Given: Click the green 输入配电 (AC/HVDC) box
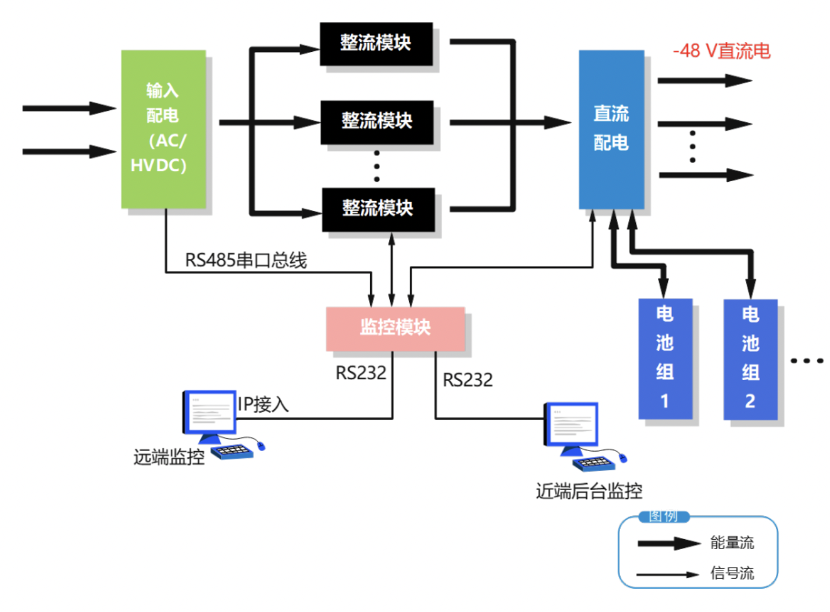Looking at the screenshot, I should pos(163,129).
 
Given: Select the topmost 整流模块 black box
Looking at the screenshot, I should pos(376,44).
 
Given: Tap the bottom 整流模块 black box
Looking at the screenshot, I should pos(378,209).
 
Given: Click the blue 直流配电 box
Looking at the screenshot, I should pos(611,129).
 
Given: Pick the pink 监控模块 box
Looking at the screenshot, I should pos(395,328).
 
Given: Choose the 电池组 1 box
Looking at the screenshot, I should pos(665,358).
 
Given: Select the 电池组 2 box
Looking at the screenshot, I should pos(750,359).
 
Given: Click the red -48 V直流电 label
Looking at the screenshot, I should pos(722,51).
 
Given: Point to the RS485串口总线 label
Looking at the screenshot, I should pos(245,260).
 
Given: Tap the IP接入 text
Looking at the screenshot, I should pos(263,404).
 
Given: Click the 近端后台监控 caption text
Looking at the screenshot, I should pos(589,491).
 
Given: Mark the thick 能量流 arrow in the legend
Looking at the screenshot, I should pos(669,544).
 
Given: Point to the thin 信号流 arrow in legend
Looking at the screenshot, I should pos(667,575).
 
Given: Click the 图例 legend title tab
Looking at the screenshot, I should pos(663,516).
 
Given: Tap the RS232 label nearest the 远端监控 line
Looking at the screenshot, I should pos(361,373).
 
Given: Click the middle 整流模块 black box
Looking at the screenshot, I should pos(377,122).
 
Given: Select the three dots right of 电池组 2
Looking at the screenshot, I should pos(807,361).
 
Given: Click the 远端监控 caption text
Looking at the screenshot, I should pos(169,457).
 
